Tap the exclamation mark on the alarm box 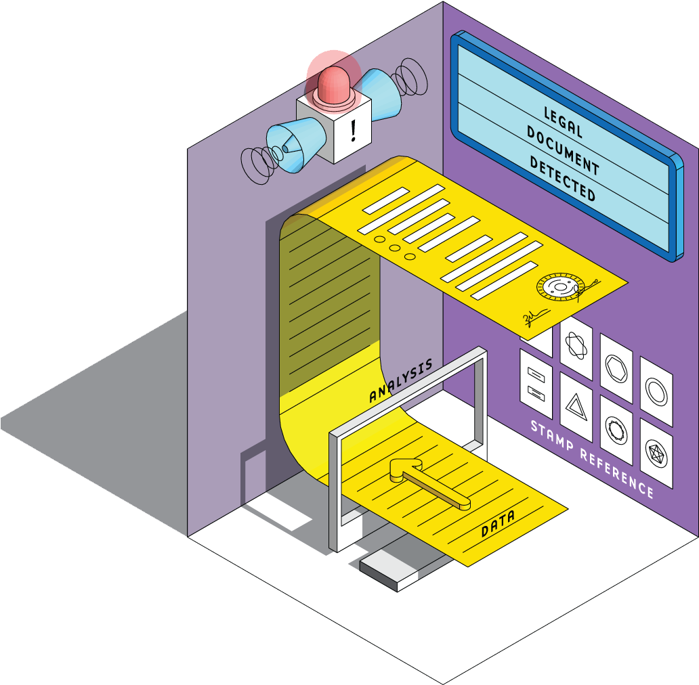point(353,129)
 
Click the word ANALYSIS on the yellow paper point(400,382)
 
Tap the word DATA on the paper point(498,523)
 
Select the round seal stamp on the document point(558,288)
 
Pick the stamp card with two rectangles point(536,382)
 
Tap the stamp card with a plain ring point(656,391)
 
